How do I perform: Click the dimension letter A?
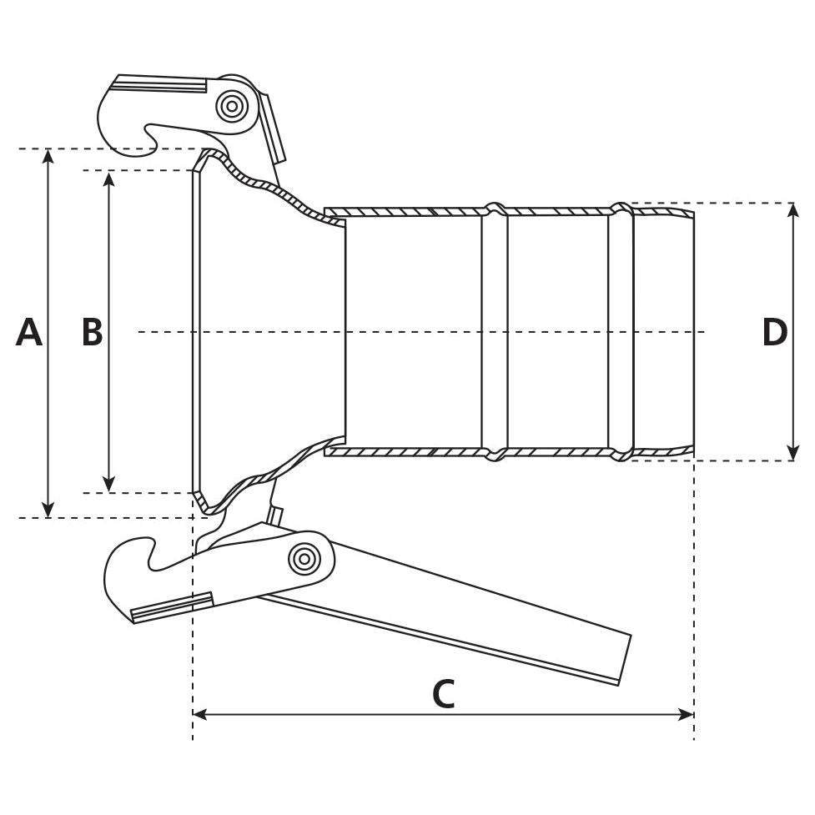click(x=29, y=333)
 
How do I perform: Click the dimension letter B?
click(x=92, y=333)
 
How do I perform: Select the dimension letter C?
click(x=443, y=695)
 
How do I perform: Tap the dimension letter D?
click(x=774, y=333)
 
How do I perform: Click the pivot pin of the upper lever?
click(x=231, y=106)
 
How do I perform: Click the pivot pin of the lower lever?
click(x=304, y=559)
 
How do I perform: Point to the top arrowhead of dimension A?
click(x=48, y=156)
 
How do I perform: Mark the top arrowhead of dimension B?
click(x=109, y=178)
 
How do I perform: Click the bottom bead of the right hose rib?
click(x=621, y=455)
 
